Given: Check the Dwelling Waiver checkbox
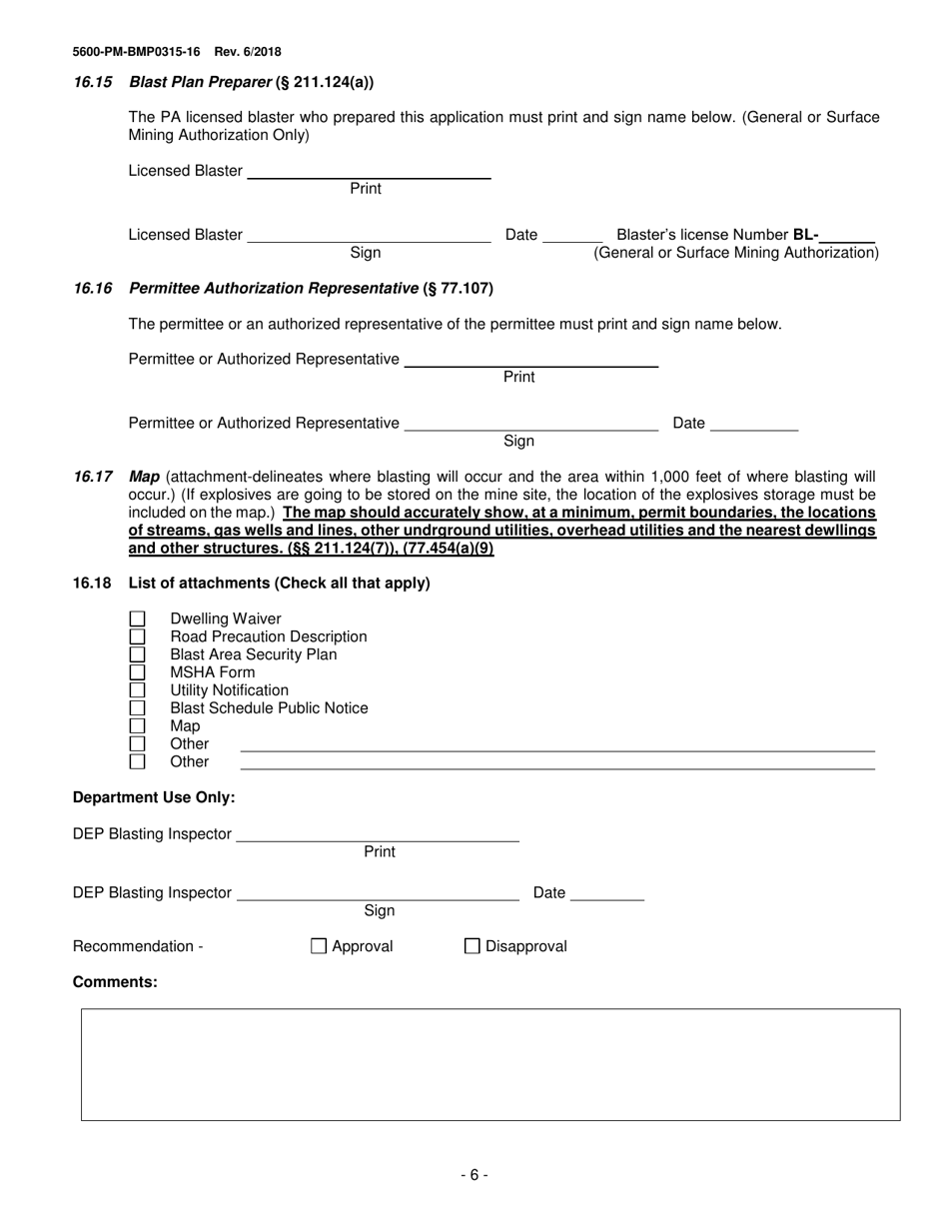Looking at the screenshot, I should (x=138, y=619).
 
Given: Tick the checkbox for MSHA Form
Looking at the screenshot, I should (x=138, y=672).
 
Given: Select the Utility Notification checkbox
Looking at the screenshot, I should (x=138, y=690).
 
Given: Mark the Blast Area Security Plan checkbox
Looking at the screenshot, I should (x=138, y=654).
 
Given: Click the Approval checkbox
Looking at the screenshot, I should (x=319, y=946).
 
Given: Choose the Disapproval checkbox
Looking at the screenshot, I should (x=473, y=946).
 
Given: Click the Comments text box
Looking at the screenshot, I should (x=489, y=1064).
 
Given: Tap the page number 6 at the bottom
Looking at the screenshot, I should (x=474, y=1176).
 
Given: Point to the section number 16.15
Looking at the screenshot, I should (x=93, y=82).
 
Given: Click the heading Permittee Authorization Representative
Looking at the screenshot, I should (x=274, y=289).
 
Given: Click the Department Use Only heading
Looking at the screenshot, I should (x=154, y=797).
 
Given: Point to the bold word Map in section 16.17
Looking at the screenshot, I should (x=145, y=477).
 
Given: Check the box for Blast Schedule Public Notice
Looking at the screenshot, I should (x=138, y=708).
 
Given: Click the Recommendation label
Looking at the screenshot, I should (x=138, y=946).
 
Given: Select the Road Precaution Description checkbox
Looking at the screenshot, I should (x=138, y=636).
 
